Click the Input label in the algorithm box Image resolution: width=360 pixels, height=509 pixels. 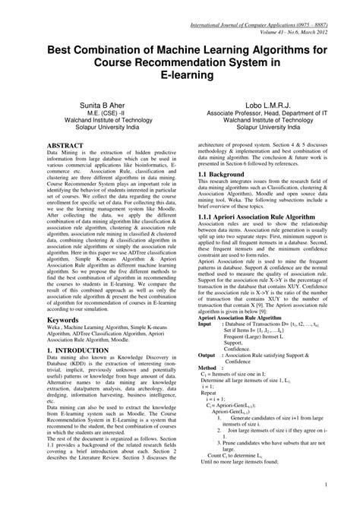[x=206, y=324]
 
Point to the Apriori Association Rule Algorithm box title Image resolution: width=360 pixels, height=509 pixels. [x=241, y=317]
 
